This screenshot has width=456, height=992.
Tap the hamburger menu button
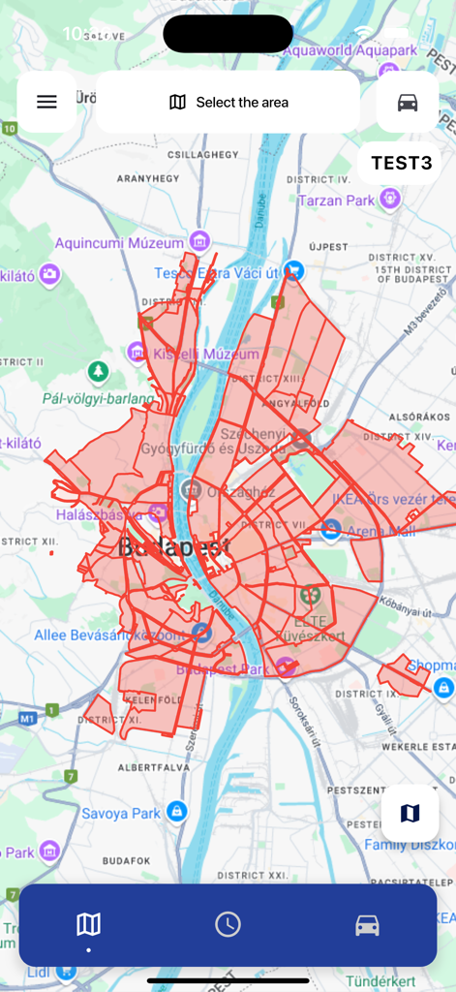46,102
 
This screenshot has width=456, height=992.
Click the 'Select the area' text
242,102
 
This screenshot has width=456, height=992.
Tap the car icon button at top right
408,102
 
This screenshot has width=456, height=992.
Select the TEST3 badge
401,163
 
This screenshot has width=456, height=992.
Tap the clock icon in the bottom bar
228,924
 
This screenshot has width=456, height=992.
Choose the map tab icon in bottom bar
88,924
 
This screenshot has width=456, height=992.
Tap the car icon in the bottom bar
367,925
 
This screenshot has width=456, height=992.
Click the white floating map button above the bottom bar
410,813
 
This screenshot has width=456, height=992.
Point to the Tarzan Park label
336,201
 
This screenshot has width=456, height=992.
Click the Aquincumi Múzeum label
119,242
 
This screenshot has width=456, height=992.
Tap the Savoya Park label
118,813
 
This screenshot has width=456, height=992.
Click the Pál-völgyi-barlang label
98,397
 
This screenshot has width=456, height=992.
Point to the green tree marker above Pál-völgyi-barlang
98,371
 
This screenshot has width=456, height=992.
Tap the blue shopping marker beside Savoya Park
176,811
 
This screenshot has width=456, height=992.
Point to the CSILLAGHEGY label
202,154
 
